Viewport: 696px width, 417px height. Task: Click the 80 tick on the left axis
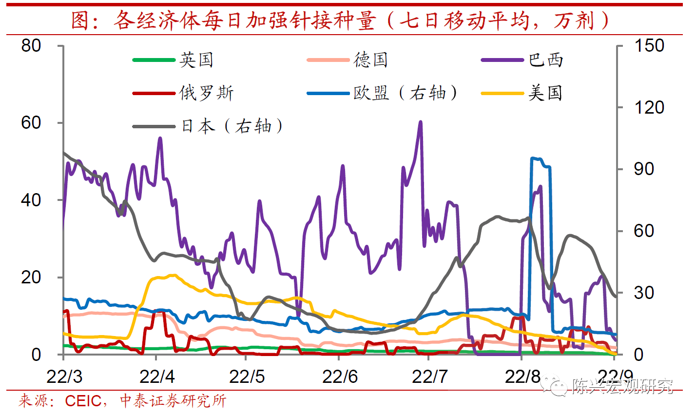tap(31, 46)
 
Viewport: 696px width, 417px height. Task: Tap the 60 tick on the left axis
tap(31, 123)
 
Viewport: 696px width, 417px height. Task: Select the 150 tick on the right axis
tap(649, 46)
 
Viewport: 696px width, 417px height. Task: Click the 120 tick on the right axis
tap(649, 107)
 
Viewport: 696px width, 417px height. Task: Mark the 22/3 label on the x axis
tap(64, 377)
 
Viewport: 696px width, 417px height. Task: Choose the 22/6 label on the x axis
tap(340, 377)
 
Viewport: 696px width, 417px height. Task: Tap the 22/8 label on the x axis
tap(522, 377)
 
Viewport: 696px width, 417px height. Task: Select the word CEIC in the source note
tap(83, 401)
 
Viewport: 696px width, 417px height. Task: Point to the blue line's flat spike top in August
tap(538, 159)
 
